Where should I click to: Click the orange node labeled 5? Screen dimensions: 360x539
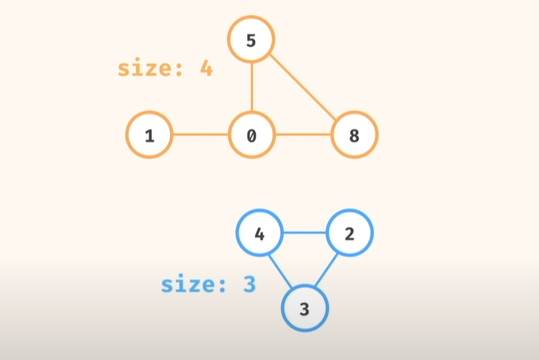(252, 38)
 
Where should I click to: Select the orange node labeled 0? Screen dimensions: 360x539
(252, 136)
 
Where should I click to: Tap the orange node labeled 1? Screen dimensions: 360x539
(149, 136)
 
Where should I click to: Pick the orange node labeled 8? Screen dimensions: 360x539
(355, 136)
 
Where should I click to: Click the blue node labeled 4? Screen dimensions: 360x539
(260, 234)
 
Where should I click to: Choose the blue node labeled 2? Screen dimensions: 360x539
(350, 234)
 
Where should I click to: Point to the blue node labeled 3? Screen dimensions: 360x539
(305, 309)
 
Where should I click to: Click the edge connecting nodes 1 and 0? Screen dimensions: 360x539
(200, 136)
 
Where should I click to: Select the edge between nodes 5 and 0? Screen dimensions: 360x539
(252, 87)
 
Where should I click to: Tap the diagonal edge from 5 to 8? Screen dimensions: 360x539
(303, 87)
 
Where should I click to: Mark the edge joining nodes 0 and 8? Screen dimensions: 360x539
(303, 136)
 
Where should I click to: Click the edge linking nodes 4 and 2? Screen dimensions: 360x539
(305, 234)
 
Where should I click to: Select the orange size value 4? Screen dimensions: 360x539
(206, 68)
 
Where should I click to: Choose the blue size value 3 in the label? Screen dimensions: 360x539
(249, 286)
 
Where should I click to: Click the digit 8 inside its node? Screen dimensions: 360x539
(355, 136)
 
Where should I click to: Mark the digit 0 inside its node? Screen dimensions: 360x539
(252, 136)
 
